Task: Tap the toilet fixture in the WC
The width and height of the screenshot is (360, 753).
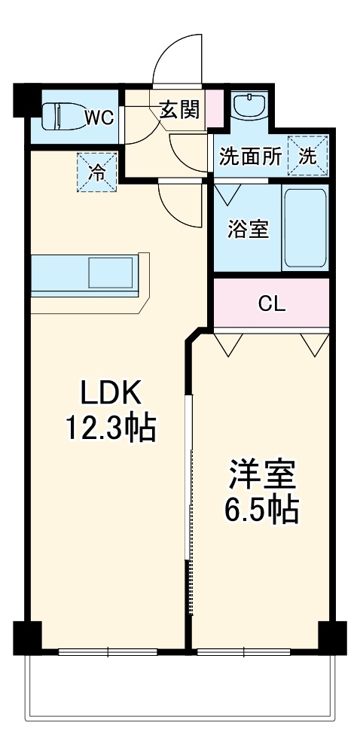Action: [58, 117]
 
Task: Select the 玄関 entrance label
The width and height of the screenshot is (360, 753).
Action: [178, 110]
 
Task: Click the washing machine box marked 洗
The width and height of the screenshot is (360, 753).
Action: [309, 156]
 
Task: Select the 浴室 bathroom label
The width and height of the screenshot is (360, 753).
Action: [248, 230]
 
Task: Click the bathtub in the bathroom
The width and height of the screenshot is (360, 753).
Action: [305, 229]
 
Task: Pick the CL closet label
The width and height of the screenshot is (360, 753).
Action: [271, 303]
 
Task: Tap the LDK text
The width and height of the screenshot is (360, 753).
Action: [111, 393]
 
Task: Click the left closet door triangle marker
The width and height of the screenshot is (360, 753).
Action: [228, 343]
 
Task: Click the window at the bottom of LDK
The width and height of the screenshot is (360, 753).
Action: [108, 651]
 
